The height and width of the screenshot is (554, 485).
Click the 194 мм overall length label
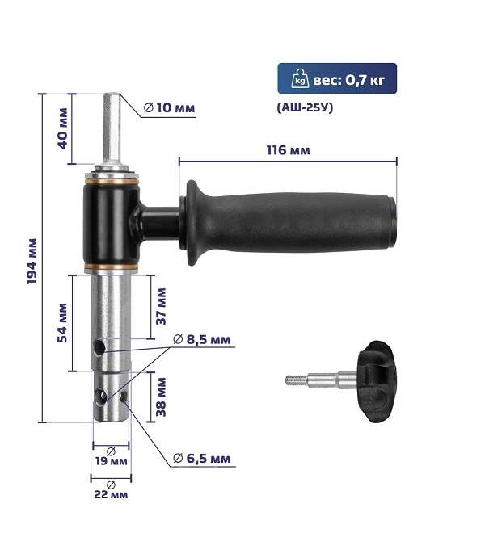(32, 261)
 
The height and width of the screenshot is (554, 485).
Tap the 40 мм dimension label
(62, 128)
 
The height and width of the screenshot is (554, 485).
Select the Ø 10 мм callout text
(170, 107)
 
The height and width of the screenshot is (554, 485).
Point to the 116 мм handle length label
(289, 150)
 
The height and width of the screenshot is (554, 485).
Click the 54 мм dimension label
(62, 322)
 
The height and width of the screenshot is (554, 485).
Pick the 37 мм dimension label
(161, 306)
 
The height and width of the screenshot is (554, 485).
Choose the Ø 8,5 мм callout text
(201, 339)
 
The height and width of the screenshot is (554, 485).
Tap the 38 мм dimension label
(161, 397)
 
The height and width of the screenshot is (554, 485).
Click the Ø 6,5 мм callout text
(201, 459)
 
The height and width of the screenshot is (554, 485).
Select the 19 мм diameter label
(111, 460)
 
